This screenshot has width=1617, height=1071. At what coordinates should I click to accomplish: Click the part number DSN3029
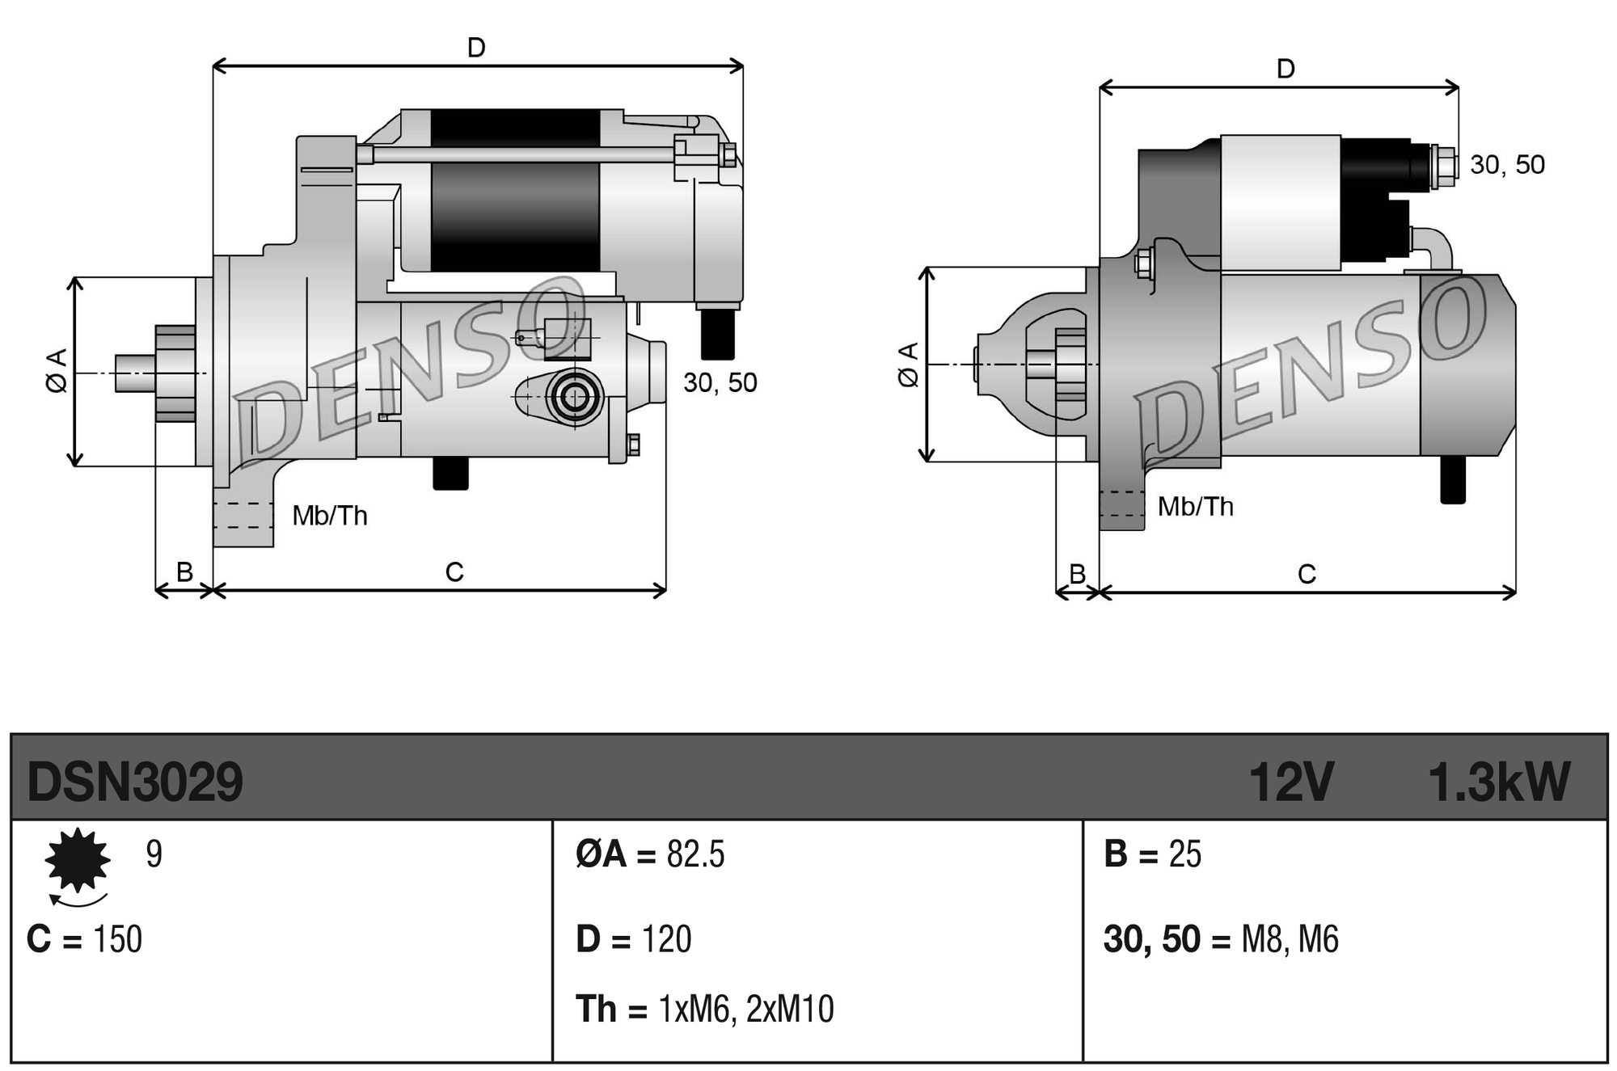coord(134,782)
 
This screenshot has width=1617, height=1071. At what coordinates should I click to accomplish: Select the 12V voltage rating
coord(1290,782)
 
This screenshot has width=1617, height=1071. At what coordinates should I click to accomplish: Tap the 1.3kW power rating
coord(1498,782)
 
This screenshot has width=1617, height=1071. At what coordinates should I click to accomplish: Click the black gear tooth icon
coord(77,860)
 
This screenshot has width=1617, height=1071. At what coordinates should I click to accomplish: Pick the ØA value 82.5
coord(695,854)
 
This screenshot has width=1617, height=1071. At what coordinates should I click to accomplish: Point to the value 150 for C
coord(117,939)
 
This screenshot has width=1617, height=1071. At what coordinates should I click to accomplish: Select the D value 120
coord(666,939)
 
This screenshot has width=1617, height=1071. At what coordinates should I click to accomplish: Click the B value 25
coord(1184,854)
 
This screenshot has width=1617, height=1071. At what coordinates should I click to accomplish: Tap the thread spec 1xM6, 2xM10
coord(745,1010)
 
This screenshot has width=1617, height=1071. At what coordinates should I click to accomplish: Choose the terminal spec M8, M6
coord(1290,939)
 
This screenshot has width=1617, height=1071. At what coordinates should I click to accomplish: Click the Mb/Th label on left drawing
coord(330,516)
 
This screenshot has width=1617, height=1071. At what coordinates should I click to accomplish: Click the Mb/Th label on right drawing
coord(1195,507)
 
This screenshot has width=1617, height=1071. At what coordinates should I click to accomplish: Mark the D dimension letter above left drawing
coord(476,48)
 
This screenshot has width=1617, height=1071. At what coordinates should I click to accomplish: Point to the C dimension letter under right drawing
coord(1307,575)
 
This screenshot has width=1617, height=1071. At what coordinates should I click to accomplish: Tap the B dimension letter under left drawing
coord(184,572)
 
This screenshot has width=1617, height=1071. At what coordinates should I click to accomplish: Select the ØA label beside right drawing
coord(909,365)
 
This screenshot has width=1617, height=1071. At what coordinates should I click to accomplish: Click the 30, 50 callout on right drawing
coord(1506,165)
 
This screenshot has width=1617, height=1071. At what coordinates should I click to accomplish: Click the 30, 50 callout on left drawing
coord(720,383)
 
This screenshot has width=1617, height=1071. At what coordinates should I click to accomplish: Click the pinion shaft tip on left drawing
coord(125,373)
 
